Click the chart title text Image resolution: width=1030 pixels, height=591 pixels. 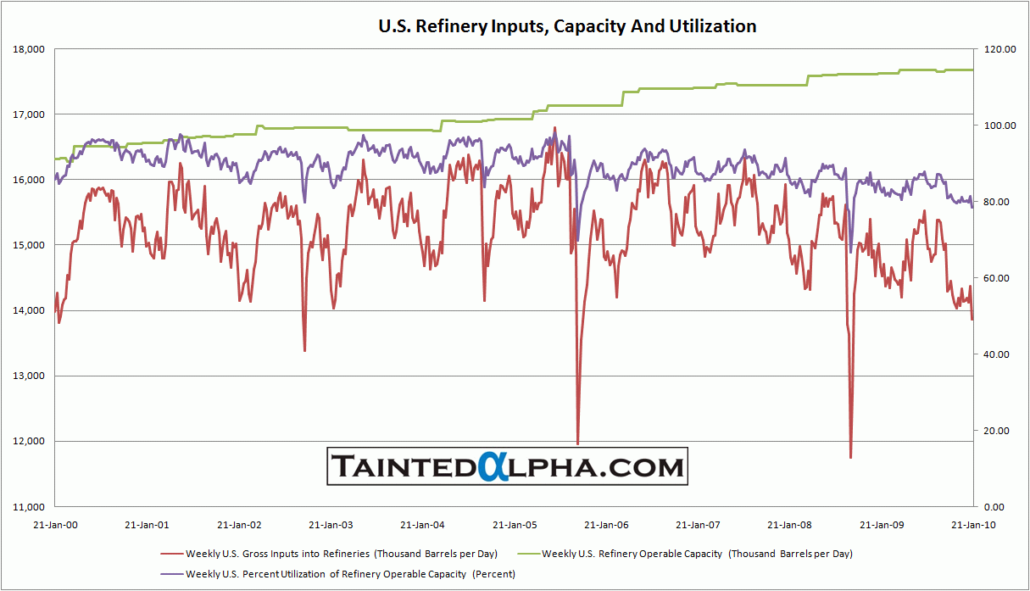click(567, 26)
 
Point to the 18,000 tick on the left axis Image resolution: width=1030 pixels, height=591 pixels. click(30, 49)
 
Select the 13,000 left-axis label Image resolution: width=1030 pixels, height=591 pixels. click(30, 376)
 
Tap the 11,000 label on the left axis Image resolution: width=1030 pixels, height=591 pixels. click(30, 506)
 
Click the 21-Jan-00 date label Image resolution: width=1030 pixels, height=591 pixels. click(56, 525)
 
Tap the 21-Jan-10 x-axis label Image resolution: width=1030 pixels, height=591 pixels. click(972, 525)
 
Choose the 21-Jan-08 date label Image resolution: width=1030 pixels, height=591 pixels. click(789, 525)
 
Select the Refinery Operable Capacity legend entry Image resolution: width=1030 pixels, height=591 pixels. click(697, 554)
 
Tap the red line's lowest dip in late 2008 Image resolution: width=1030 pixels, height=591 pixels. click(850, 458)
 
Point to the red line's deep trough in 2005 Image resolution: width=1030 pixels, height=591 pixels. click(578, 443)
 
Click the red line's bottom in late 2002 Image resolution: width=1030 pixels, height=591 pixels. click(304, 350)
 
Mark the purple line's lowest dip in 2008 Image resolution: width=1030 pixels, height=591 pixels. click(851, 252)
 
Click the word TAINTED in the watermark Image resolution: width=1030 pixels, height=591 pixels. click(404, 466)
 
